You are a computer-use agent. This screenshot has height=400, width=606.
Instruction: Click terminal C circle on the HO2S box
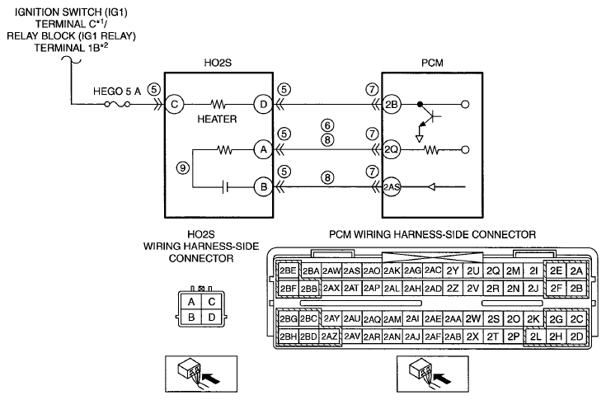pyautogui.click(x=174, y=105)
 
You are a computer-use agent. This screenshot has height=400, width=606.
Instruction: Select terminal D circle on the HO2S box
pyautogui.click(x=263, y=105)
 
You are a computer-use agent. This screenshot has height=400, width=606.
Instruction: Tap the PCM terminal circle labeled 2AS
pyautogui.click(x=392, y=187)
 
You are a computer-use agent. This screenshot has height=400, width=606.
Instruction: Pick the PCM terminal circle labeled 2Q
pyautogui.click(x=391, y=149)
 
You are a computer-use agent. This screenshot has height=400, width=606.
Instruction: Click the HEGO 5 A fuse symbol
pyautogui.click(x=117, y=104)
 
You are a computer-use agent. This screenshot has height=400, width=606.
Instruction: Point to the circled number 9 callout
pyautogui.click(x=183, y=167)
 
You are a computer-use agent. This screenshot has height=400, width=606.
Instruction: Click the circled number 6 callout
pyautogui.click(x=327, y=125)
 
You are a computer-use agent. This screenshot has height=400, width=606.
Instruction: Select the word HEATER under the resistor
pyautogui.click(x=217, y=119)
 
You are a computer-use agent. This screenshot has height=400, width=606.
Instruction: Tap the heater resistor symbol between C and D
pyautogui.click(x=218, y=105)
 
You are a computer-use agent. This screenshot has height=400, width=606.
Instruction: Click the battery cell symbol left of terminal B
pyautogui.click(x=225, y=187)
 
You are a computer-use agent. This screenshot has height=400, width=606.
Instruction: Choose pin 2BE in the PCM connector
pyautogui.click(x=288, y=271)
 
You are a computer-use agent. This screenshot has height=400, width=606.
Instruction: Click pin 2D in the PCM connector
pyautogui.click(x=576, y=336)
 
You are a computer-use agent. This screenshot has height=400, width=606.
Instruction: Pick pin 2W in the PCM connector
pyautogui.click(x=472, y=319)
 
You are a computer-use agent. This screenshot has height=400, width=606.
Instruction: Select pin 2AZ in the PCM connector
pyautogui.click(x=329, y=336)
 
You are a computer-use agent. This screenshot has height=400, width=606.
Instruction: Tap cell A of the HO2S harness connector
pyautogui.click(x=191, y=302)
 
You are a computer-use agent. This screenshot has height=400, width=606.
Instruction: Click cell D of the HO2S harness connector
pyautogui.click(x=211, y=318)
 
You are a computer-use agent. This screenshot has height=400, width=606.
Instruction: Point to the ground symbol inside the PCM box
pyautogui.click(x=420, y=139)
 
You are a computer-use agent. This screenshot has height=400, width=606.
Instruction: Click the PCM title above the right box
pyautogui.click(x=432, y=63)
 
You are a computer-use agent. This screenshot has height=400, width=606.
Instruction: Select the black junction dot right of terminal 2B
pyautogui.click(x=420, y=105)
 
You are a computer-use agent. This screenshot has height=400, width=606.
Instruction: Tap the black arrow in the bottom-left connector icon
pyautogui.click(x=210, y=378)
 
